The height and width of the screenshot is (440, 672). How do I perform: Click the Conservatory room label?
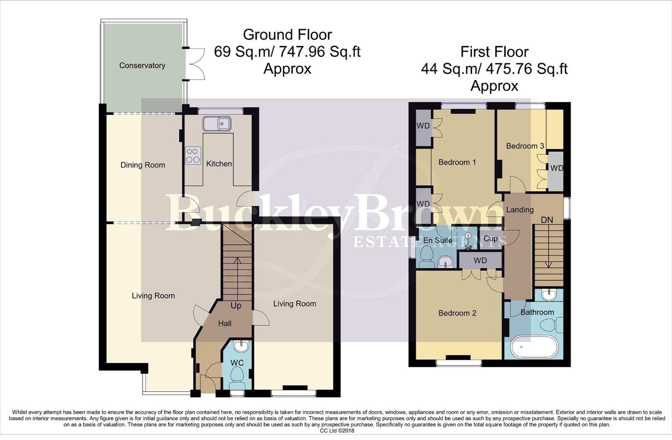click(x=142, y=66)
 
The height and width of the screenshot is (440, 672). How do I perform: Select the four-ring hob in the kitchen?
click(x=193, y=155)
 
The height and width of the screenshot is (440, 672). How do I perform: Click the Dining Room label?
click(x=143, y=165)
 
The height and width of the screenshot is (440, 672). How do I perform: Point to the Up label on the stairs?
click(x=236, y=306)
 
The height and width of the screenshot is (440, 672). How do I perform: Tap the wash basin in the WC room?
click(x=241, y=346)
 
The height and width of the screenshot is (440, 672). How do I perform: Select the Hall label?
click(x=225, y=323)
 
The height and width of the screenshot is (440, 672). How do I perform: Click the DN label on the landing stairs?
click(x=546, y=220)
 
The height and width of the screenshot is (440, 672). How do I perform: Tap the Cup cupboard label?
click(x=490, y=239)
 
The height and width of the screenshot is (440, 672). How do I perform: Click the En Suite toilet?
click(x=427, y=258)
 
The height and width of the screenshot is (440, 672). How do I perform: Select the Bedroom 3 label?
click(x=525, y=146)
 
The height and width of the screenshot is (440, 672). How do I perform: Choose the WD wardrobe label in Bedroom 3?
click(x=556, y=168)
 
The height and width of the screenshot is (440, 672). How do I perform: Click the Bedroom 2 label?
click(x=457, y=313)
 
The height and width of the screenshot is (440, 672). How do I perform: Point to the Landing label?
click(x=520, y=210)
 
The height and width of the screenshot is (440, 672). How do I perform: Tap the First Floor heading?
click(x=494, y=52)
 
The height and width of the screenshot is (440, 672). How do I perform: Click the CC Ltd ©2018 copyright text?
click(x=337, y=431)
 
